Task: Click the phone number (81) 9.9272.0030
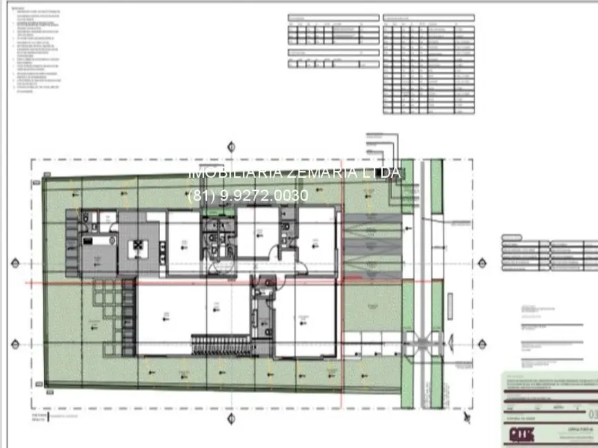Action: coord(248,196)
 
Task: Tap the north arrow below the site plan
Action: coord(468,417)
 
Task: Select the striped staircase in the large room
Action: coord(220,344)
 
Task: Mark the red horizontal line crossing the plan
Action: coord(207,283)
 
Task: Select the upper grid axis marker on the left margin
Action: coord(15,263)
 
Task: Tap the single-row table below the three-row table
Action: coord(334,63)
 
